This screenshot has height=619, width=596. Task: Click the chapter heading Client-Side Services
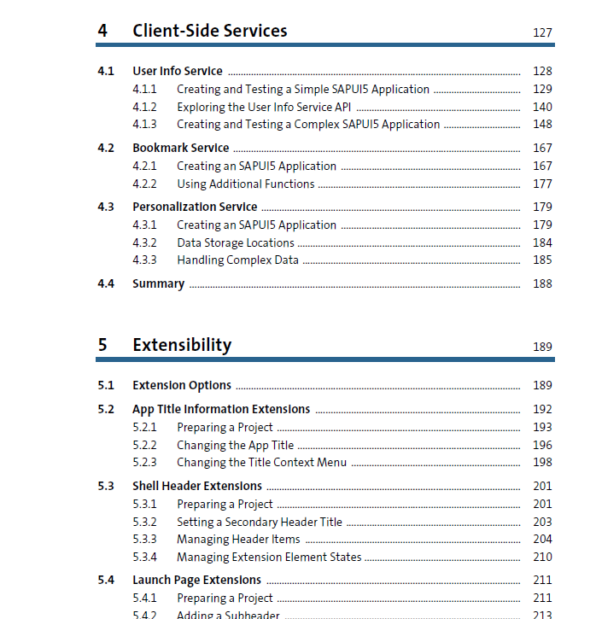(209, 31)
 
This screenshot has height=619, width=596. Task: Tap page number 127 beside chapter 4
(542, 32)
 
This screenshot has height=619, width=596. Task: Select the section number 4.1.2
(144, 107)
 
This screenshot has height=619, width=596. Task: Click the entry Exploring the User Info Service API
(264, 107)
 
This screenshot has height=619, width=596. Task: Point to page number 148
(542, 124)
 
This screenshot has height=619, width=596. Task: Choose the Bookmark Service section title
(181, 148)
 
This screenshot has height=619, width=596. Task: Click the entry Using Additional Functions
(246, 184)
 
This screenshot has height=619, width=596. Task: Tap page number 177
(542, 184)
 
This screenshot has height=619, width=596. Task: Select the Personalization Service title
(195, 207)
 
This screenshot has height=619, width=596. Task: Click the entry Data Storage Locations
(236, 242)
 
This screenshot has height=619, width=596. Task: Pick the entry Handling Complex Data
(237, 260)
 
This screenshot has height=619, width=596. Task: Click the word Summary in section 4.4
(158, 283)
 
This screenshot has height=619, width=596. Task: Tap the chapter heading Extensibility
(182, 345)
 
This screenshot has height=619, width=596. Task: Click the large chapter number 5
(102, 345)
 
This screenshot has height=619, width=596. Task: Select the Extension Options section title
(182, 385)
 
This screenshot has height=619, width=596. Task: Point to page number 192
(542, 409)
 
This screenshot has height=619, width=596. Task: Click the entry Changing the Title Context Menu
(261, 462)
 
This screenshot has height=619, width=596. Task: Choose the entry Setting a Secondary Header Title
(260, 522)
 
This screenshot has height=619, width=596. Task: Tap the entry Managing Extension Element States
(269, 557)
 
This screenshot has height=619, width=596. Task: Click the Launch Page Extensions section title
(196, 580)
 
